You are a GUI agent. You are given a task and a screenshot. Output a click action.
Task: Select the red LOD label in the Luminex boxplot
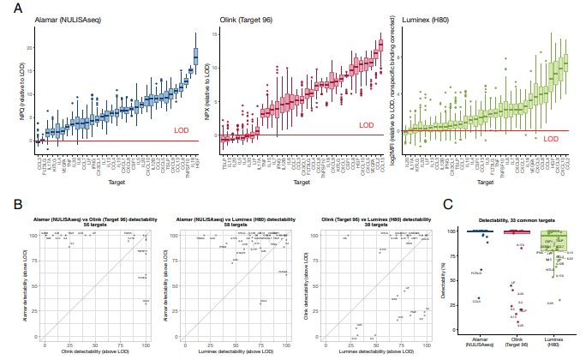click(x=552, y=137)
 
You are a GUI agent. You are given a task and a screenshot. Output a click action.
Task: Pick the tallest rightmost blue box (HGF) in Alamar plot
click(x=195, y=57)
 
